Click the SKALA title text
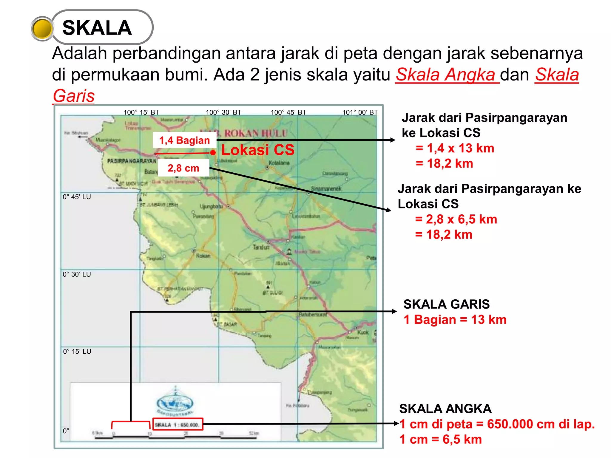coord(97,28)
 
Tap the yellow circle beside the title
coord(42,29)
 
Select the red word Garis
coord(74,96)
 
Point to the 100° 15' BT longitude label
coord(141,112)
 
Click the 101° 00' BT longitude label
coord(360,112)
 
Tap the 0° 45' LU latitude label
coord(77,197)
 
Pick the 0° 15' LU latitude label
coord(77,352)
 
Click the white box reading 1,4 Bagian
coord(184,140)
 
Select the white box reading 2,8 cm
coord(183,168)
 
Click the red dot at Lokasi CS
coord(213,153)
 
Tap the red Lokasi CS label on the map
coord(258,150)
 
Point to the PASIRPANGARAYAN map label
coord(132,161)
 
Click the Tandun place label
coord(261,247)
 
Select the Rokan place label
coord(203,256)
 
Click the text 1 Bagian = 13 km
coord(455,320)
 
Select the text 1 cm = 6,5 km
coord(440,440)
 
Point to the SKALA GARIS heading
coord(446,304)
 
